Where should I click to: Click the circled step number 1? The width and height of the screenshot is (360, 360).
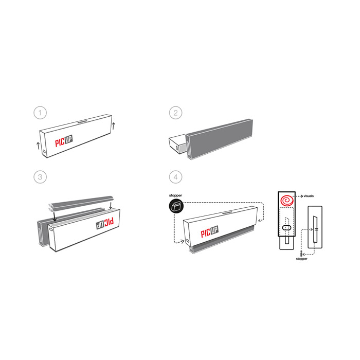(40, 113)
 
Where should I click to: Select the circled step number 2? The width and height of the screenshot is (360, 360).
(176, 113)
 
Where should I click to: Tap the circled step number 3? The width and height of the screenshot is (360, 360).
(40, 177)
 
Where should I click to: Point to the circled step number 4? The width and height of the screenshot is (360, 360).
(176, 177)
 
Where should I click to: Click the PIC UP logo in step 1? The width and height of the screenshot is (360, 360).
(64, 141)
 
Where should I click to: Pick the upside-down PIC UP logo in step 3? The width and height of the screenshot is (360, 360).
(105, 223)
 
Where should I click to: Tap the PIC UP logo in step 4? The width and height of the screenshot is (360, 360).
(210, 231)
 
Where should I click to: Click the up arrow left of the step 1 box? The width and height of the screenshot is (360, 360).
(38, 146)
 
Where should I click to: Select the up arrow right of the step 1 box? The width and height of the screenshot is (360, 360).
(114, 126)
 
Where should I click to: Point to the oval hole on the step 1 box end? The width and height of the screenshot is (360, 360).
(44, 152)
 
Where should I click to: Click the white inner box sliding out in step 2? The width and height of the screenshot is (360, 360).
(177, 144)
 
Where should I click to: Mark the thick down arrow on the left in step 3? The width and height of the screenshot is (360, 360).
(55, 217)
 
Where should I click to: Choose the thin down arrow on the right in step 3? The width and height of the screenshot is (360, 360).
(111, 206)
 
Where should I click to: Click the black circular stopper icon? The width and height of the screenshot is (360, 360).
(176, 206)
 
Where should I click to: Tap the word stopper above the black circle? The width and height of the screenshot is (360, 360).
(175, 195)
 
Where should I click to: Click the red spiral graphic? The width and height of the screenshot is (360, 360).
(287, 200)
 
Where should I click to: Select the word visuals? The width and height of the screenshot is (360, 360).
(309, 196)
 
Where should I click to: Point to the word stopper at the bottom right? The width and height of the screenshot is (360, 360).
(301, 259)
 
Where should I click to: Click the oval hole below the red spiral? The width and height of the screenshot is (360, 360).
(286, 228)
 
